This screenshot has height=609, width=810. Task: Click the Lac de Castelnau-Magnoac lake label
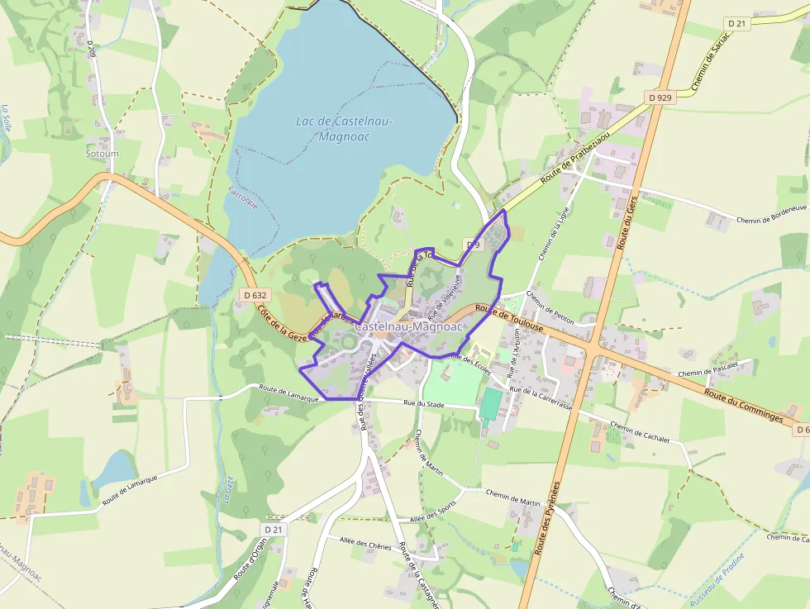344,129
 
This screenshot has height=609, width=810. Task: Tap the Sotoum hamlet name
102,154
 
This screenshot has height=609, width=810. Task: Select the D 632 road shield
256,294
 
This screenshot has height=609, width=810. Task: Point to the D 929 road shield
660,98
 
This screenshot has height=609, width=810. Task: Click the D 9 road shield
473,245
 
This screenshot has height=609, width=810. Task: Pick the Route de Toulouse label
510,318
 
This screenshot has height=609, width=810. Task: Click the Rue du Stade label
424,404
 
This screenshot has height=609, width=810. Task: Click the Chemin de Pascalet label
716,368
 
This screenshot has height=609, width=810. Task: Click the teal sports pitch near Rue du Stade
490,403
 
